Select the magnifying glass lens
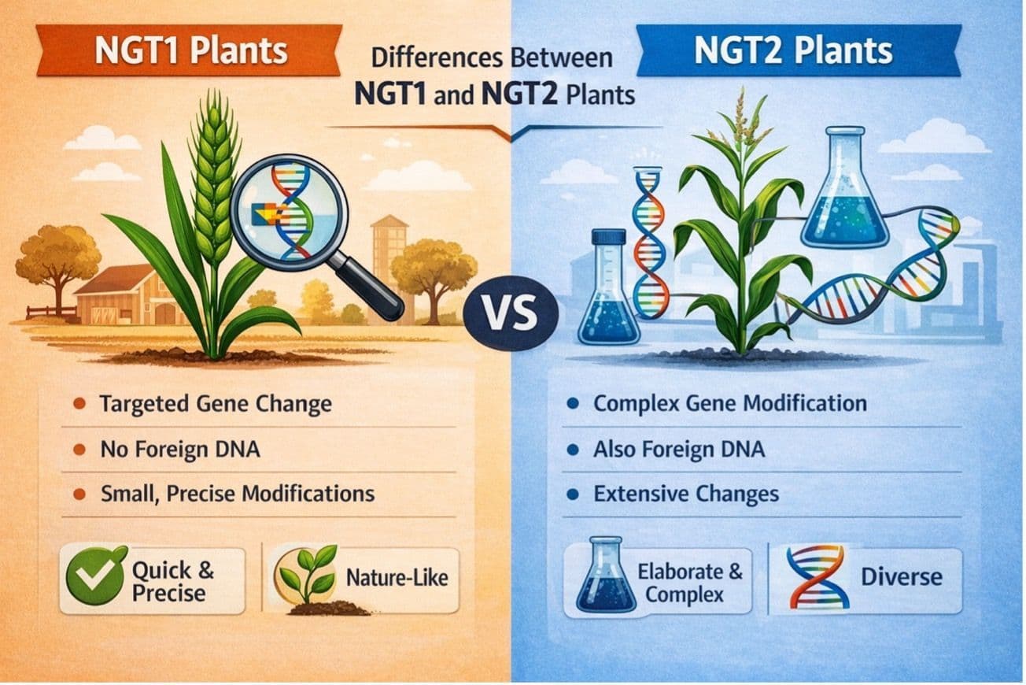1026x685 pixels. pos(290,206)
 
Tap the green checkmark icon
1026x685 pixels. pos(95,576)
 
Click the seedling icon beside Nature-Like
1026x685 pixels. pos(308,579)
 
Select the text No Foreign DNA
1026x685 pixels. pos(179,450)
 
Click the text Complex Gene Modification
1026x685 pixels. pos(729,404)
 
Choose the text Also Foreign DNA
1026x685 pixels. pos(678,450)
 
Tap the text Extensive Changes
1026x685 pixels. pos(686,494)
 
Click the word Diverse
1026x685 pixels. pos(901,576)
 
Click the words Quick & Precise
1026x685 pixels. pos(171,580)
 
